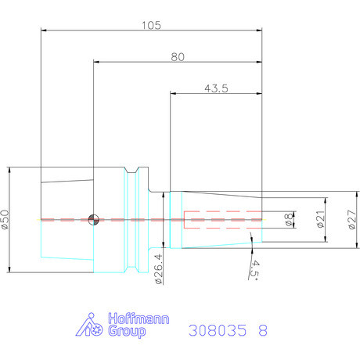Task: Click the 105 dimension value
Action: [151, 25]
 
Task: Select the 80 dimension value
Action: [178, 57]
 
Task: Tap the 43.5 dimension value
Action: [216, 88]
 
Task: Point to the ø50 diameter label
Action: [5, 220]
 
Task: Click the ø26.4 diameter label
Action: [158, 269]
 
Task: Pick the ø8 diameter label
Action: [288, 220]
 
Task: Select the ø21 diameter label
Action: [320, 219]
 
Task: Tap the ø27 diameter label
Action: [352, 220]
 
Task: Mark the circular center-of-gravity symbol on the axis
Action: [93, 220]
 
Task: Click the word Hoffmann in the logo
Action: [139, 319]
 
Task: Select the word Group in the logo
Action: [127, 331]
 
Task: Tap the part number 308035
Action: [218, 330]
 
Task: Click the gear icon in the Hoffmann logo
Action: [98, 330]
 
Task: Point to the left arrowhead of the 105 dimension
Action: [44, 31]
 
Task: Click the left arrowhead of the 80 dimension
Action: [96, 62]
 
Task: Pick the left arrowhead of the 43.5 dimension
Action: [173, 93]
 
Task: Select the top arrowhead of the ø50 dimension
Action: [9, 170]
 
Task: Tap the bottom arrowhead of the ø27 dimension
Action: [357, 245]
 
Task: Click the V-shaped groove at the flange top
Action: [131, 170]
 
